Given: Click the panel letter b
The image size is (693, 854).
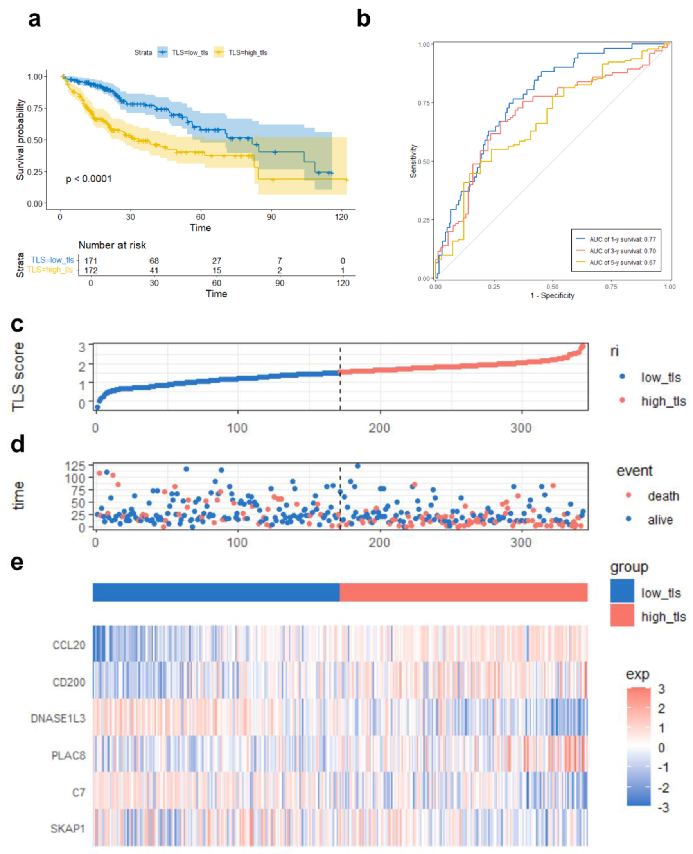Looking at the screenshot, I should pos(363,19).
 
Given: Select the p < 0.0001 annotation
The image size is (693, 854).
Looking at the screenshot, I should pos(89,179).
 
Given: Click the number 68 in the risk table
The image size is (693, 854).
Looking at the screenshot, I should pos(154,261).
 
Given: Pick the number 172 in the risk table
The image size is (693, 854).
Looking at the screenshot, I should pos(91,270).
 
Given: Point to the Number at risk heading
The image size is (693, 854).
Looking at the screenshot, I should pos(112,245).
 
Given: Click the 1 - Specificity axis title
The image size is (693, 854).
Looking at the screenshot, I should pos(552,295).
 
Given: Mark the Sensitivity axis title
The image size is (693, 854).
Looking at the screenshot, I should pos(413,161).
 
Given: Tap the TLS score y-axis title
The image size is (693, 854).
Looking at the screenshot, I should pos(18,376).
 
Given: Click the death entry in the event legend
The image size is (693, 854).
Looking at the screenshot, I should pos(663,496).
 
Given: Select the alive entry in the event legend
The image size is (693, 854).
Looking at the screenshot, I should pos(660,520).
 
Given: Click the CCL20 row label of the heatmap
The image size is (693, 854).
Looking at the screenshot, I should pos(69,645).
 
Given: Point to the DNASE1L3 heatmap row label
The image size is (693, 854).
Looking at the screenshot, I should pos(58,719).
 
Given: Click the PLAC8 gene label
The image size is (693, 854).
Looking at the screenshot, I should pos(68,755).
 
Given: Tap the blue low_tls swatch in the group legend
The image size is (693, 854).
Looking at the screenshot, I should pos(622,591).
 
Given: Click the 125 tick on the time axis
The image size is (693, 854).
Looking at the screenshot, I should pos(75,466).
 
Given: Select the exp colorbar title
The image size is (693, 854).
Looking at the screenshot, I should pos(637,674).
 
